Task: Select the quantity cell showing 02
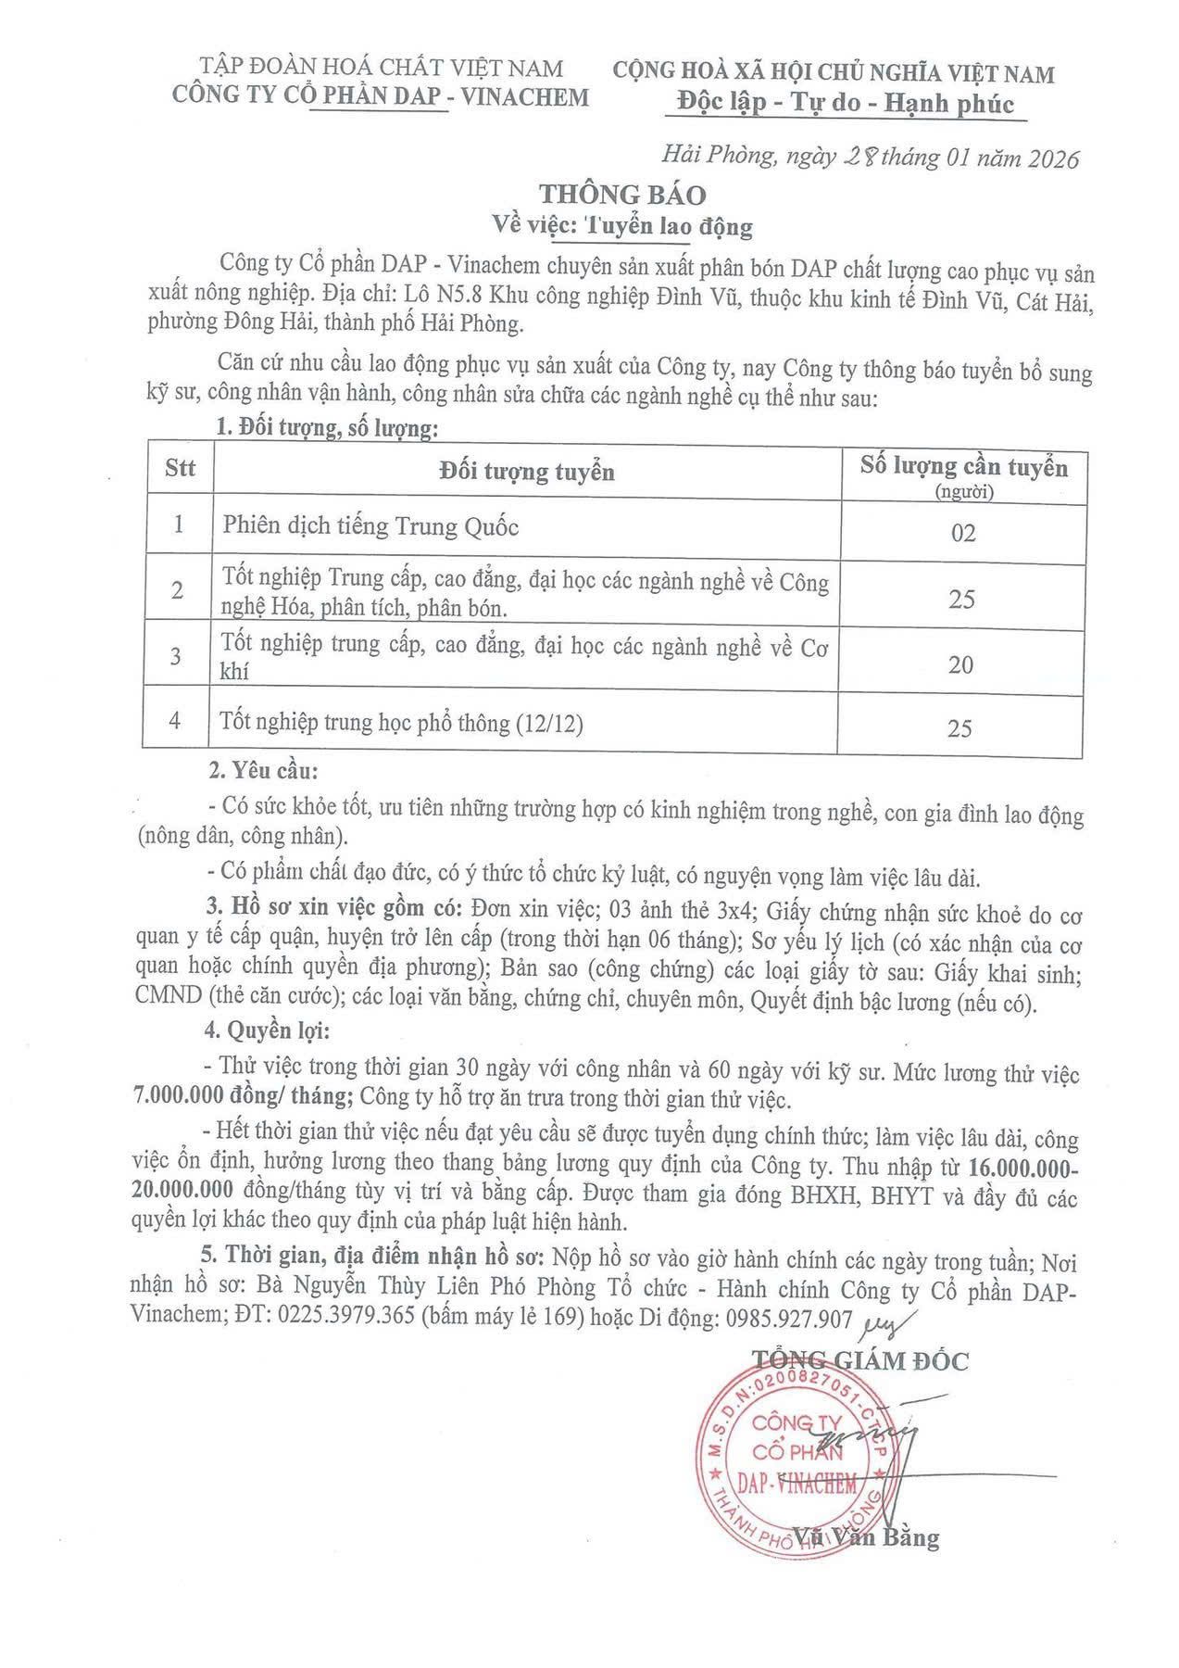(963, 534)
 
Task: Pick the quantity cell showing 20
(961, 664)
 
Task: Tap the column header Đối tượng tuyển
(526, 472)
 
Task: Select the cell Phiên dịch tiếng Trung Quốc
(370, 526)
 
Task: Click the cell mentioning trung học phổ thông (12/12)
(403, 724)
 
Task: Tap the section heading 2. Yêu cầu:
(262, 771)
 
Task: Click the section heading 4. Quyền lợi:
(266, 1030)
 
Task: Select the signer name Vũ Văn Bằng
(867, 1537)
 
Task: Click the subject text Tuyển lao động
(668, 225)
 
